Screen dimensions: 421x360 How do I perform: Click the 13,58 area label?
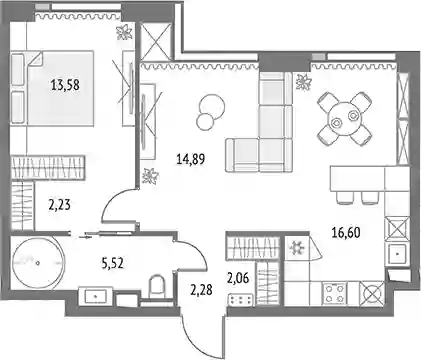(x=65, y=85)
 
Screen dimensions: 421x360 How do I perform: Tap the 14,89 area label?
(x=191, y=159)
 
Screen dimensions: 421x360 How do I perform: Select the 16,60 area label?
(x=346, y=232)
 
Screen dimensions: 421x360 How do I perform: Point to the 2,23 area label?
(x=59, y=205)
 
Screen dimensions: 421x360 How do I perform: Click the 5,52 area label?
(x=112, y=263)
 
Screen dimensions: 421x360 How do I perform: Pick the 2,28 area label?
(x=201, y=289)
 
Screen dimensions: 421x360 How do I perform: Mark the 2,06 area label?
(x=238, y=278)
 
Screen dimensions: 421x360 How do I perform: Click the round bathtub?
(x=37, y=263)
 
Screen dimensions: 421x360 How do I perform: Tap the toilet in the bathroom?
(x=157, y=286)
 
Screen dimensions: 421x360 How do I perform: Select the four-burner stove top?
(x=334, y=293)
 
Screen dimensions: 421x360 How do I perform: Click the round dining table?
(x=344, y=119)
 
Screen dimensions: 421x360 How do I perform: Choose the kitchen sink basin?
(x=397, y=254)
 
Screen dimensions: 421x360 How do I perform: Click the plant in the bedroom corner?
(x=124, y=33)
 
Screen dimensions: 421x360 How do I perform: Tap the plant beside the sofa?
(x=304, y=82)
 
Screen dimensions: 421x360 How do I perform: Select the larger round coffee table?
(x=211, y=104)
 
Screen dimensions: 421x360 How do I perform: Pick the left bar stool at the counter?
(x=344, y=197)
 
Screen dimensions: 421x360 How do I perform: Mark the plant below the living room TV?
(x=150, y=176)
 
